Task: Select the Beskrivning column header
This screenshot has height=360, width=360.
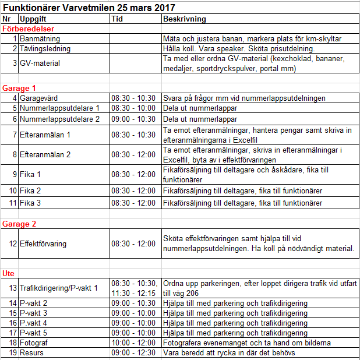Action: (184, 19)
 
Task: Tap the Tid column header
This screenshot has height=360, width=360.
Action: (117, 19)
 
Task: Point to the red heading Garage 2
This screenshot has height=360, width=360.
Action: (19, 224)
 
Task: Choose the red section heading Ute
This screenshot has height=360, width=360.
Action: (9, 273)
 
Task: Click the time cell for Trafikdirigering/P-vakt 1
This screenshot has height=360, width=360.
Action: (135, 287)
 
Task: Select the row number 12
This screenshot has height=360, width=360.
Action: (13, 243)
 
